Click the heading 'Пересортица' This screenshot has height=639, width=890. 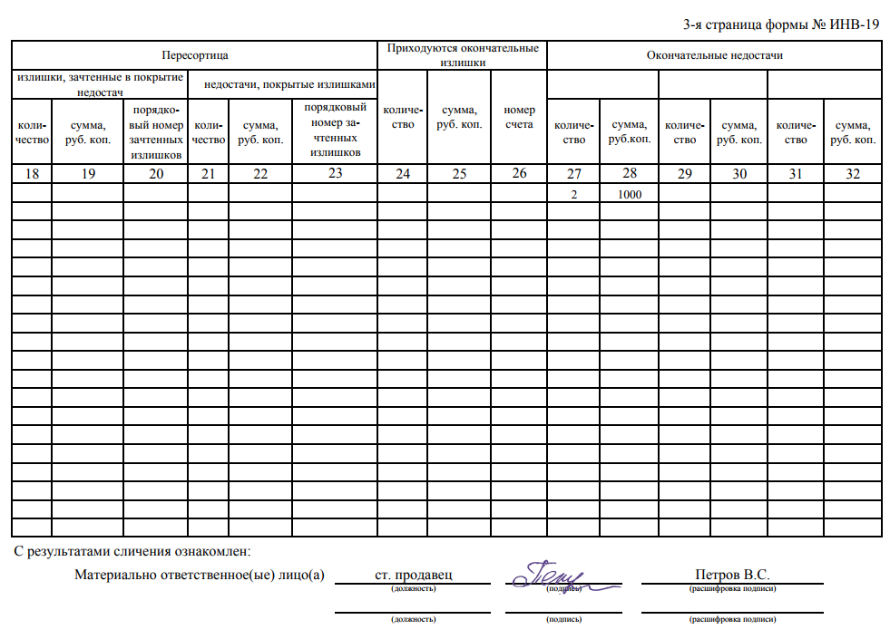pyautogui.click(x=194, y=55)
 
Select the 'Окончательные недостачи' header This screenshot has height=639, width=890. pyautogui.click(x=714, y=55)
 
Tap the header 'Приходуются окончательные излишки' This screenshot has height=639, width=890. pyautogui.click(x=463, y=55)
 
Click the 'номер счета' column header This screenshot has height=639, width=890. pyautogui.click(x=519, y=117)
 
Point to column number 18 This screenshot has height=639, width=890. pyautogui.click(x=32, y=174)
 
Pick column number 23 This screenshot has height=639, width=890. pyautogui.click(x=335, y=173)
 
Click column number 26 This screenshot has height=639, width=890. pyautogui.click(x=519, y=173)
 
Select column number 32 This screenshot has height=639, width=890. pyautogui.click(x=852, y=174)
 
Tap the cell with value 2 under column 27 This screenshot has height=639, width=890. pyautogui.click(x=573, y=193)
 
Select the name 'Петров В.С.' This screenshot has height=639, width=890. pyautogui.click(x=731, y=575)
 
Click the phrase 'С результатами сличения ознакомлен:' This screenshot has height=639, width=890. pyautogui.click(x=132, y=550)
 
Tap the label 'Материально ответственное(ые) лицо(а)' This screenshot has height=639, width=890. pyautogui.click(x=200, y=575)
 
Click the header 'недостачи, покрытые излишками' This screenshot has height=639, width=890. pyautogui.click(x=289, y=84)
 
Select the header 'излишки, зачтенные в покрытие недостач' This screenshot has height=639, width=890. pyautogui.click(x=100, y=84)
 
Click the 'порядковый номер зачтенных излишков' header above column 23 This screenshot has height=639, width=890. pyautogui.click(x=335, y=131)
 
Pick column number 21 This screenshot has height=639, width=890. pyautogui.click(x=209, y=174)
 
